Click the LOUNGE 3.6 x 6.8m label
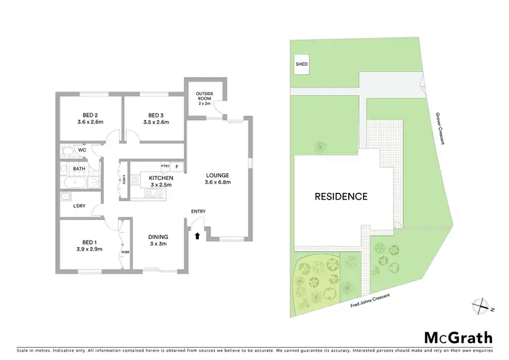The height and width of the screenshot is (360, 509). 219,178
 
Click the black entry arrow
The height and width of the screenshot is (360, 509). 197,236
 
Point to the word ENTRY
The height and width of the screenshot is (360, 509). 198,211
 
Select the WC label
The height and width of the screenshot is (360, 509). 82,149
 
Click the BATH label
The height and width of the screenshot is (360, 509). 79,168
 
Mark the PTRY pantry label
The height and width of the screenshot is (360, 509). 165,166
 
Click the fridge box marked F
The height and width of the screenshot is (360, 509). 177,166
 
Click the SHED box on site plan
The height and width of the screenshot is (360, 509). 301,65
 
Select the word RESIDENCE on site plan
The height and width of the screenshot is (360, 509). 340,197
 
